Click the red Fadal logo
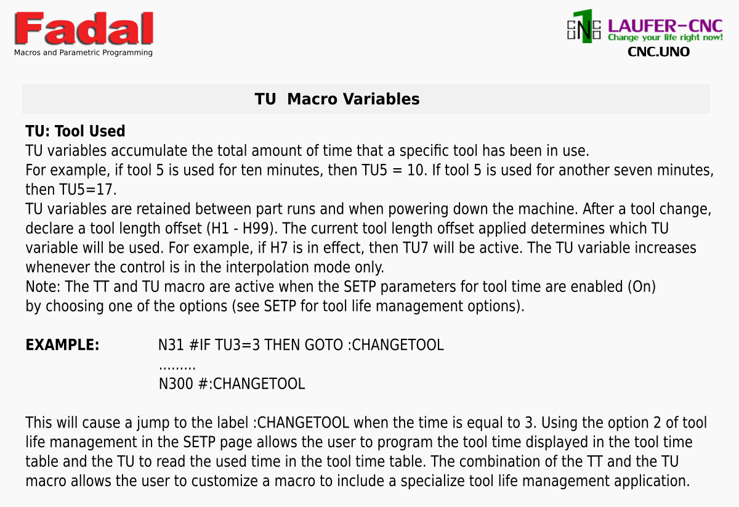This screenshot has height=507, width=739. tap(84, 28)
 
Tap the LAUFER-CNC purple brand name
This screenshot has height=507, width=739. tap(665, 26)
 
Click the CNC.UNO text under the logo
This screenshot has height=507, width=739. tap(658, 52)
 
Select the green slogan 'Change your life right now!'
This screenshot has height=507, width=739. tap(665, 38)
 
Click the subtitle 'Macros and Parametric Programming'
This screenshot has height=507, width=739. tap(83, 52)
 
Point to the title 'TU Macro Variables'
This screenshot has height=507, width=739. tap(337, 99)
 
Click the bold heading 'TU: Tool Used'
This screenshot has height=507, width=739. tap(75, 131)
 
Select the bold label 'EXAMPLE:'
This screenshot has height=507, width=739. tap(62, 345)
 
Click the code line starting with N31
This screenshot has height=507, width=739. tap(301, 345)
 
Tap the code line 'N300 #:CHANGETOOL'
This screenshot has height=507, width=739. tap(232, 384)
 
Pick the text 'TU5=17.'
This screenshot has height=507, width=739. tap(87, 190)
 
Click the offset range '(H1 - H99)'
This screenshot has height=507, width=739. tap(242, 229)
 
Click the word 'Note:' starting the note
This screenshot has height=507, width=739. tap(43, 286)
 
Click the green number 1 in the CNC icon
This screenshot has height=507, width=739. tap(584, 26)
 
